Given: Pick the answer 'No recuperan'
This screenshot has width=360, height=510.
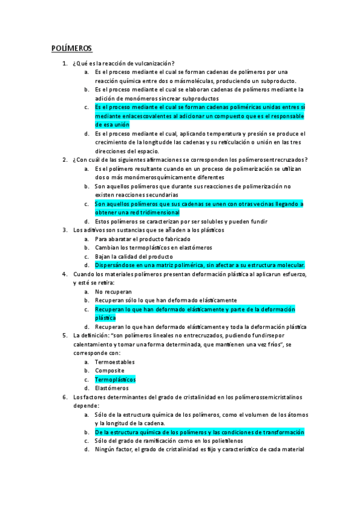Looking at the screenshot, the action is tap(113, 291).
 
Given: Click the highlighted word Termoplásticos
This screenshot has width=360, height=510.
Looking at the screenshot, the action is tap(115, 379).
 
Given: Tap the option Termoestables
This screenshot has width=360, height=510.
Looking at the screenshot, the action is tap(115, 362).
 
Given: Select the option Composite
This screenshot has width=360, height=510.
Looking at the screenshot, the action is tap(110, 370).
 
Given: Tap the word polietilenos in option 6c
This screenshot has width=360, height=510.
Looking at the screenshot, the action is tap(223, 441).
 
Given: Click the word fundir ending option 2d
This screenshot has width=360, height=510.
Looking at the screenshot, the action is tap(259, 221).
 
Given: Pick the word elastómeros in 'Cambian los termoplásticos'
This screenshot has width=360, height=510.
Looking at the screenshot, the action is tap(194, 247).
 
